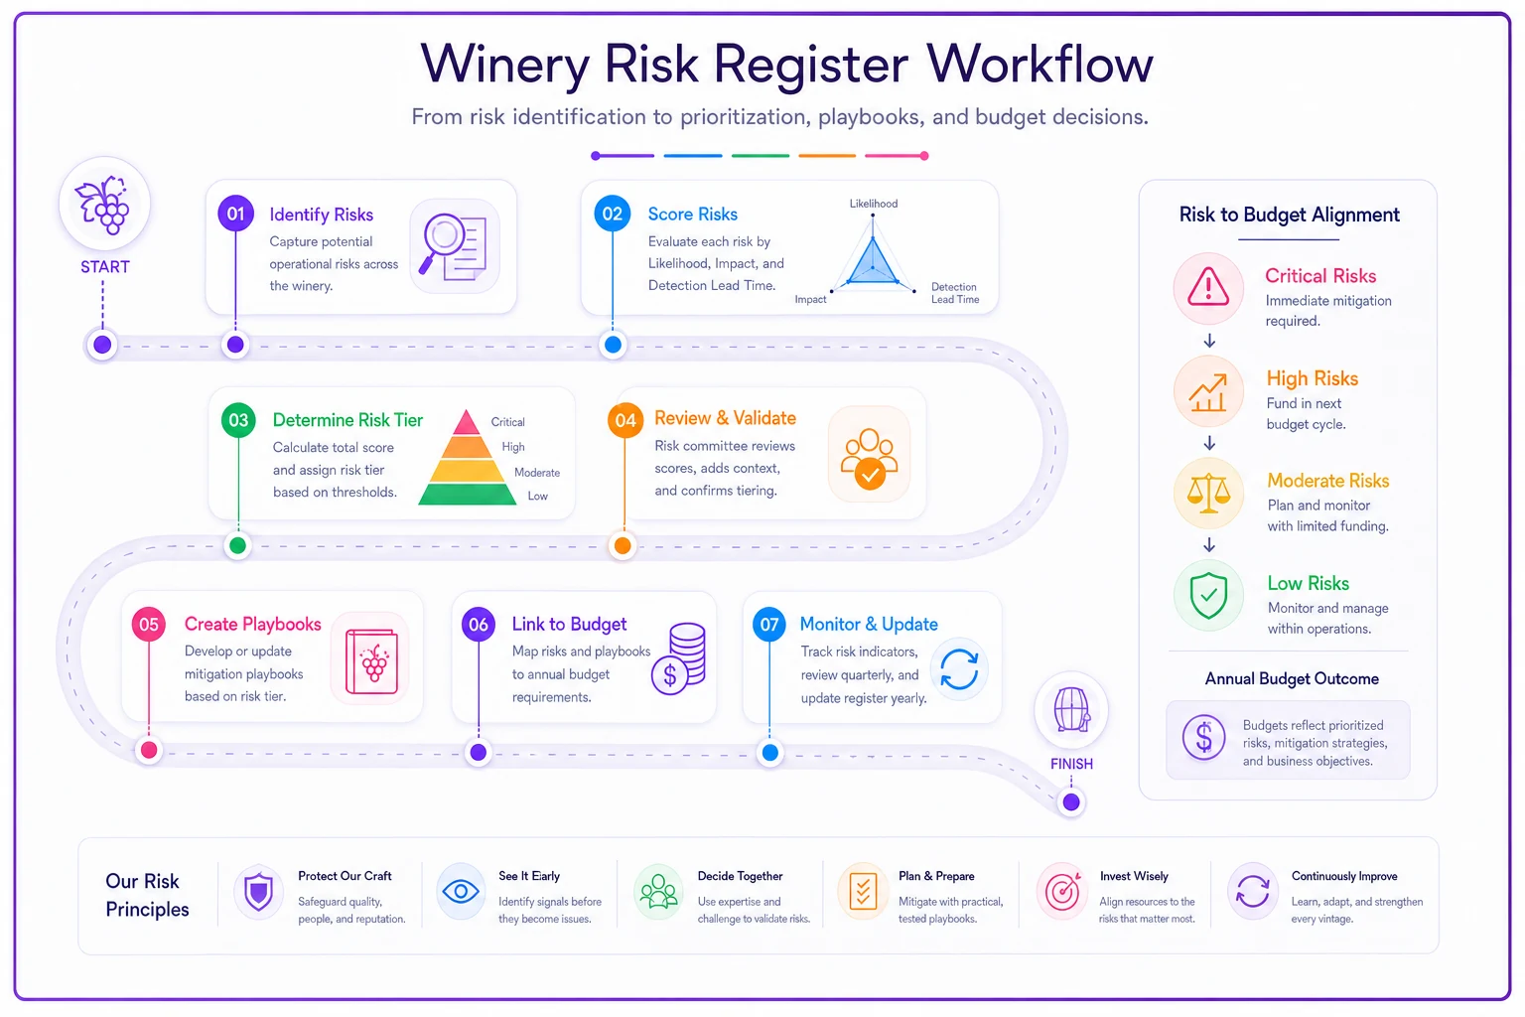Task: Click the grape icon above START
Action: coord(103,205)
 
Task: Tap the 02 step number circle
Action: coord(612,214)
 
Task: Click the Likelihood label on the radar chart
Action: coord(874,204)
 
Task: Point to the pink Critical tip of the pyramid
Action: coord(466,422)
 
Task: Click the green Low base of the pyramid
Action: coord(467,494)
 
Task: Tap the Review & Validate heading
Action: coord(725,417)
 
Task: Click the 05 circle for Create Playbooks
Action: coord(149,624)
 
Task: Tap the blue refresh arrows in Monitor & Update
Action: coord(959,669)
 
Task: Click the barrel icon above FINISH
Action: coord(1071,710)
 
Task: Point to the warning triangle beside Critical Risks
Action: coord(1208,287)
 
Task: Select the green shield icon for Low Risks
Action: coord(1208,595)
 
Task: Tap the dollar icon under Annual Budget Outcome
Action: coord(1203,737)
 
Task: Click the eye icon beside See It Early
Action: coord(461,891)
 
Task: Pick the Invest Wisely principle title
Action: coord(1134,876)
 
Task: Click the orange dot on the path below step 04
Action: coord(623,545)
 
